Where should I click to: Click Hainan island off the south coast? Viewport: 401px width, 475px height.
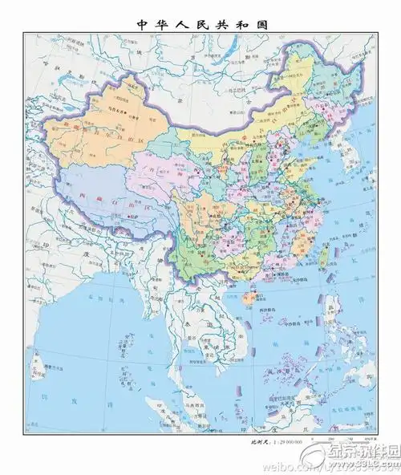pos(248,298)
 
